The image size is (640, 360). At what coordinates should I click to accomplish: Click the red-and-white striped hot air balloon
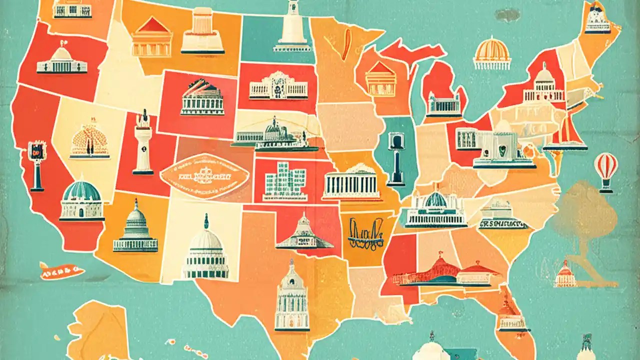(605, 167)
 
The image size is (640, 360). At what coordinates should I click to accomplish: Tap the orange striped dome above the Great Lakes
(492, 52)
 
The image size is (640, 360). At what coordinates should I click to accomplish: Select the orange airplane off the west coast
(61, 271)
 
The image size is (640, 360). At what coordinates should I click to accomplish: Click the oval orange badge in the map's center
(204, 176)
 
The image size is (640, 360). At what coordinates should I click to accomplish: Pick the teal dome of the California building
(82, 192)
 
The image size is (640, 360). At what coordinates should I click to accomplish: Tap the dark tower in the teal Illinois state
(396, 157)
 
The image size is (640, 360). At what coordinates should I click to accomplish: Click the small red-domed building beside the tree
(565, 274)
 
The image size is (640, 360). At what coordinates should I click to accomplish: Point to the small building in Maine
(597, 20)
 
